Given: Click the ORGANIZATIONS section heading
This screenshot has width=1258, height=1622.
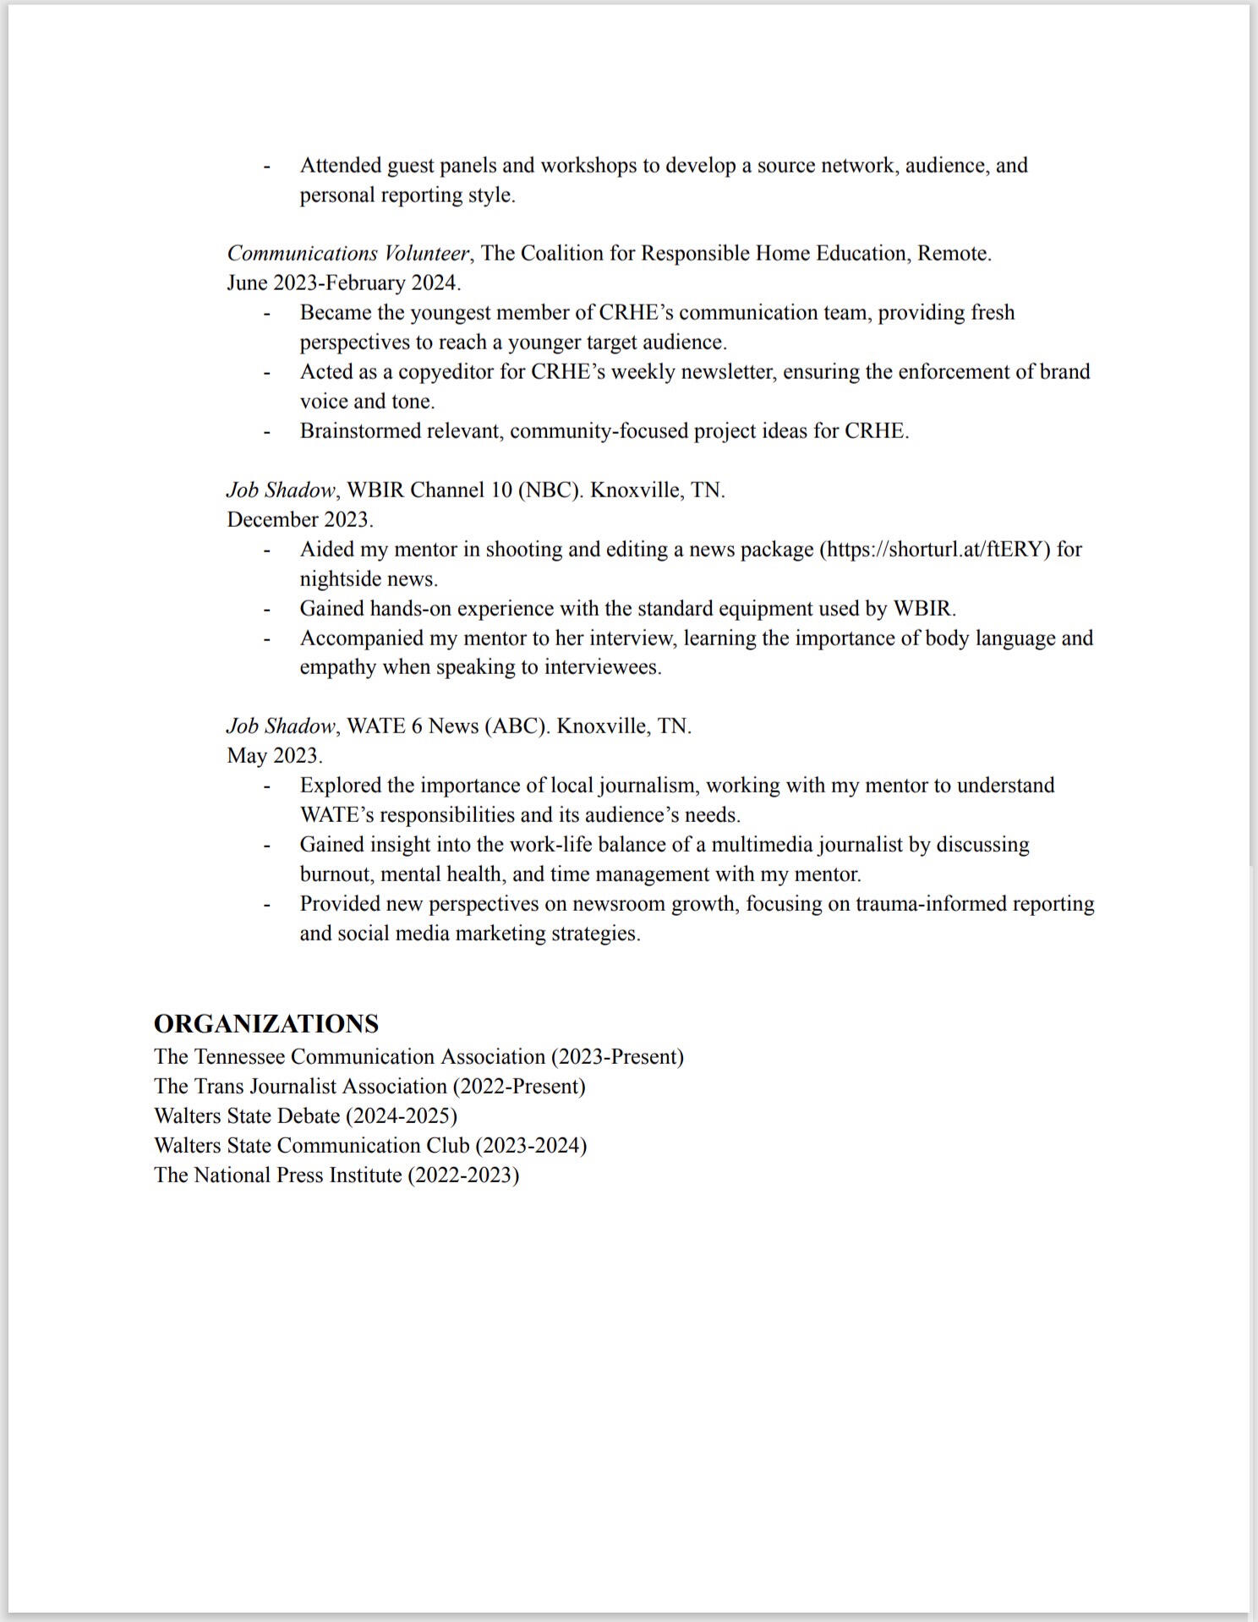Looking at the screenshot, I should point(266,1023).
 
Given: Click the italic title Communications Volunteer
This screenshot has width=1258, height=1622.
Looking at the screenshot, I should point(347,254).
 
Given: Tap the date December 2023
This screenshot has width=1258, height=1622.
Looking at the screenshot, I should point(299,519).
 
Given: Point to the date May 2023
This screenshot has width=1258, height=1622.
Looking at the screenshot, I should point(274,755).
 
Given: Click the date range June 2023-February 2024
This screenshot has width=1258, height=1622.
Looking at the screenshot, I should point(343,282).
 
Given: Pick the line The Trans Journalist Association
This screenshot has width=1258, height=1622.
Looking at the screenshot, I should point(369,1087).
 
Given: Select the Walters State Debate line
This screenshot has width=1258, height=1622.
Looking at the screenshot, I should point(305,1116).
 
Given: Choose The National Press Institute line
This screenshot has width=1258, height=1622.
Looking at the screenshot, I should point(336,1175).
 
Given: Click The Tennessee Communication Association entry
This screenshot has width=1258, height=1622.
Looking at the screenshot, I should point(418,1057).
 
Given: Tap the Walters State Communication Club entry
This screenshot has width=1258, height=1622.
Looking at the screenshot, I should point(370,1146).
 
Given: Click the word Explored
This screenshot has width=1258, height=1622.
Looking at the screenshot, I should point(339,786).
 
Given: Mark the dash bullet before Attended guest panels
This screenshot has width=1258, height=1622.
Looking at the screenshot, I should point(267,167).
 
